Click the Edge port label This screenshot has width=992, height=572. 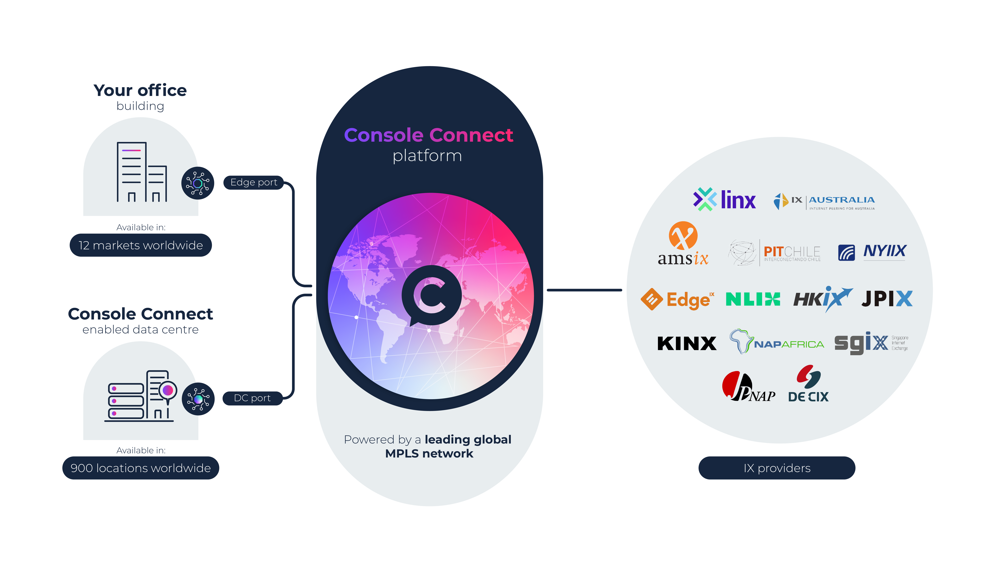click(x=253, y=182)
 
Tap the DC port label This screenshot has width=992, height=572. click(x=252, y=398)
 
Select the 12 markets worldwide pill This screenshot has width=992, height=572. click(x=141, y=245)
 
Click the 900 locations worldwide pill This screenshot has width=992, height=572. click(x=141, y=468)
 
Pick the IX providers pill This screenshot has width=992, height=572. click(x=777, y=468)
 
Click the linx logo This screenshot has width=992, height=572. click(x=724, y=200)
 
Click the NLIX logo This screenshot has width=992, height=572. click(x=753, y=299)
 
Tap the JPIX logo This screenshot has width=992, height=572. click(x=887, y=299)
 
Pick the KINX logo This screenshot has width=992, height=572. click(x=687, y=343)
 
